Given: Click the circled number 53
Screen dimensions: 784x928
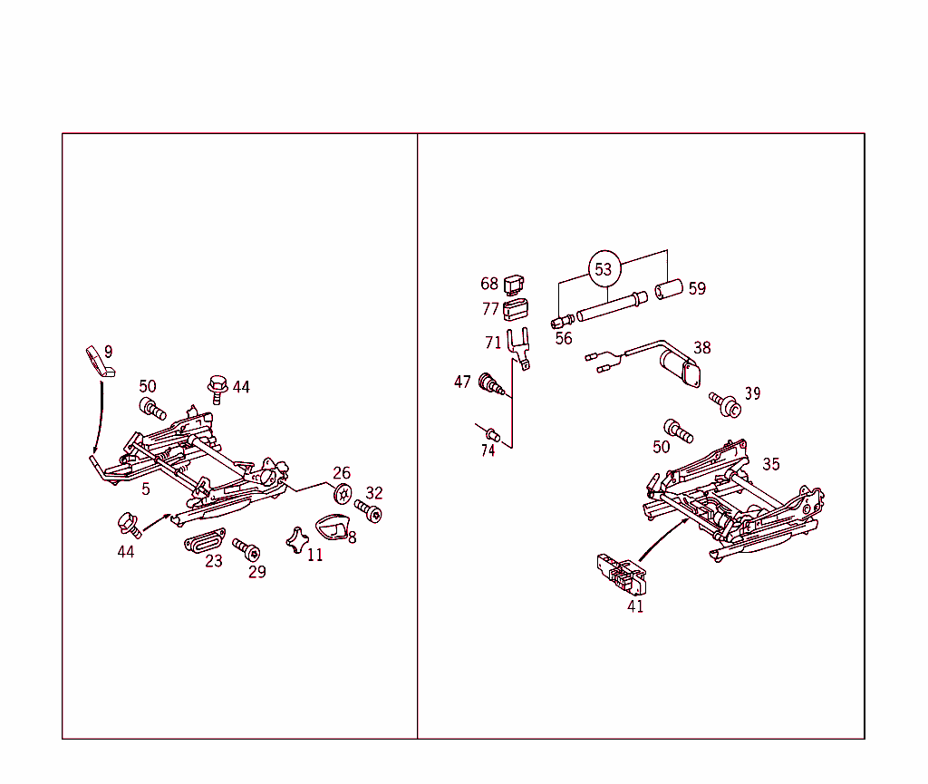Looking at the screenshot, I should pos(604,269).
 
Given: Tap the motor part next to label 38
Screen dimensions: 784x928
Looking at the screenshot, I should pos(680,368).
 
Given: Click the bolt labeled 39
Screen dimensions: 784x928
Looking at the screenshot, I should pos(726,404).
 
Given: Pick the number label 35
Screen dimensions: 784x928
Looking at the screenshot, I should pos(770,464).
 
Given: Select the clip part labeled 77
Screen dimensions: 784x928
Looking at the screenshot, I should pos(516,310).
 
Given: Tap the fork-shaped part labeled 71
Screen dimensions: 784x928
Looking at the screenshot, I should pos(518,350).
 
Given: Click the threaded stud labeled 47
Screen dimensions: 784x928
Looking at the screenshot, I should pos(490,383).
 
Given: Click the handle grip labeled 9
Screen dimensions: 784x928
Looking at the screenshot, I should pos(98,360).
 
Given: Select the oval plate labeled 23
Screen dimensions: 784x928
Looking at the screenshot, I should pos(204,540).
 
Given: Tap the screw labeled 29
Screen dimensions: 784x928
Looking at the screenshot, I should pos(246,549).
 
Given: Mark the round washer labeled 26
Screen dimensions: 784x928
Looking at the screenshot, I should pos(343,494).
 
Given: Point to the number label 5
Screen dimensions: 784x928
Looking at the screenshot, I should pos(146,489).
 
